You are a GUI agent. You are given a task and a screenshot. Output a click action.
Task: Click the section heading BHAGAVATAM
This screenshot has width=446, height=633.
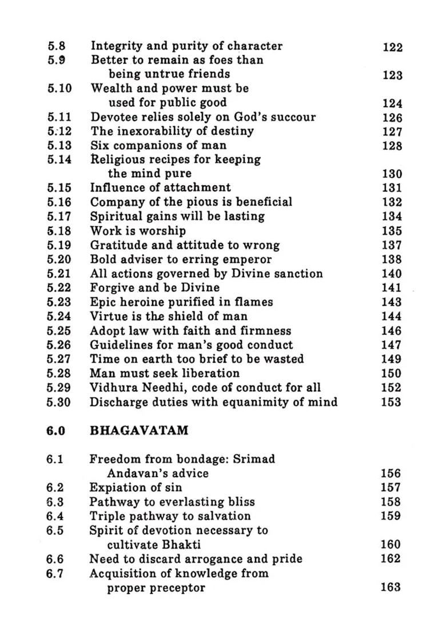139,431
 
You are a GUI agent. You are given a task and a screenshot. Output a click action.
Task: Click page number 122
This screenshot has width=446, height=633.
392,47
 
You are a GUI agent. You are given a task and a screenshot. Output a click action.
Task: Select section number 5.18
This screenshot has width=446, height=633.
59,231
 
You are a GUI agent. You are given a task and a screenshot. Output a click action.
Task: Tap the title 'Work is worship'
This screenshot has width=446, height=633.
138,231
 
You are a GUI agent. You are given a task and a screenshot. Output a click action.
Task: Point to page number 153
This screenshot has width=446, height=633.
392,402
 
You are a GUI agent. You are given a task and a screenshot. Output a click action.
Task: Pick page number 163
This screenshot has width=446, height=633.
391,587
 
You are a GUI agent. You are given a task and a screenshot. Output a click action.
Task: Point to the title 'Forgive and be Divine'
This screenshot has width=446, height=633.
154,287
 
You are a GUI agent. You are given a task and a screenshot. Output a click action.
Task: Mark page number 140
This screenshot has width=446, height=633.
392,274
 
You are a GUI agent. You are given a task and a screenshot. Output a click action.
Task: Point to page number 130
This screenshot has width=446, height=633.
392,174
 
